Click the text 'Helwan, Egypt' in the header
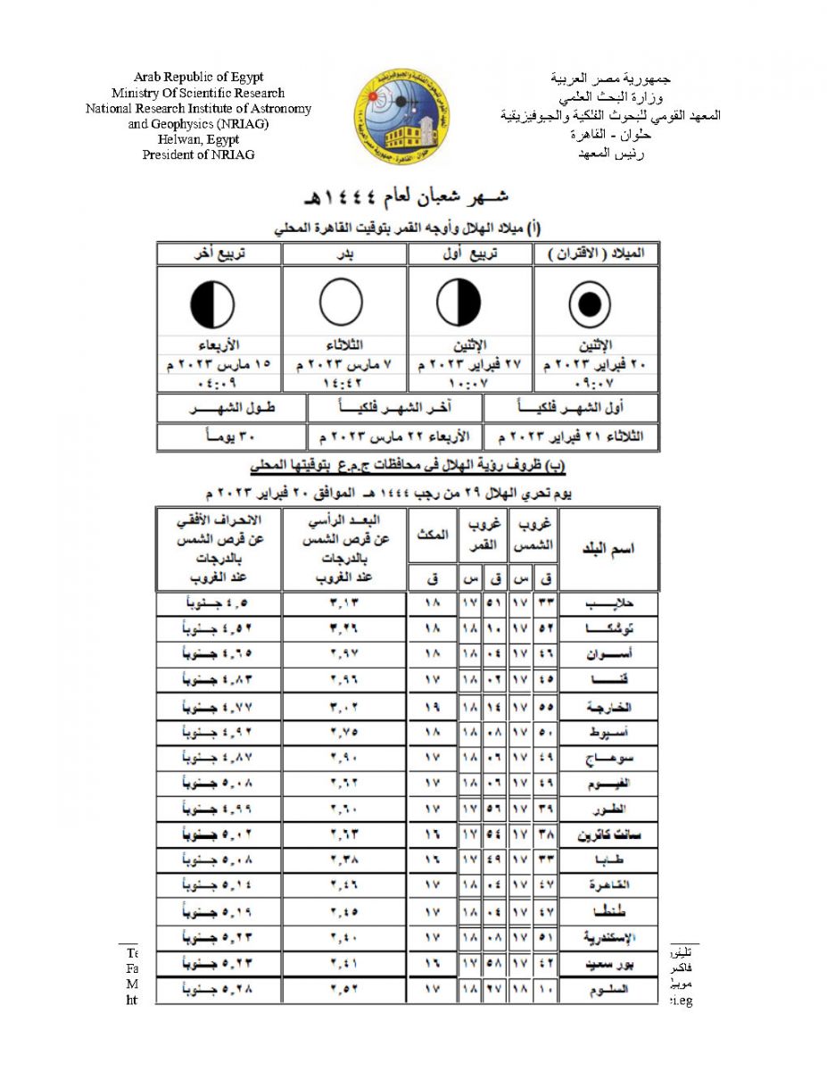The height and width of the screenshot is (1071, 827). click(x=198, y=139)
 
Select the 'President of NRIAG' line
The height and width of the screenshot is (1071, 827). click(x=198, y=154)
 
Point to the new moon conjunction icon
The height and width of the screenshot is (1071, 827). click(x=590, y=305)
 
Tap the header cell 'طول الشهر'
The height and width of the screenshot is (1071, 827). click(x=232, y=408)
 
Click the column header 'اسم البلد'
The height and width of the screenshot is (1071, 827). click(x=608, y=548)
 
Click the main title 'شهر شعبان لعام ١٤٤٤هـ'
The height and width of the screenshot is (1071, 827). click(x=413, y=195)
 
